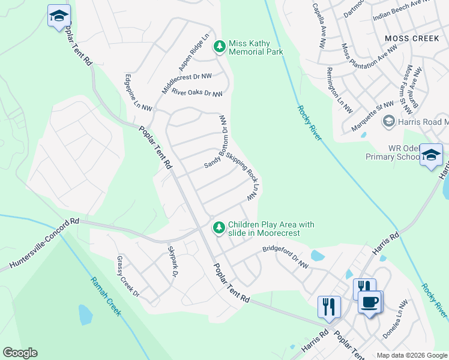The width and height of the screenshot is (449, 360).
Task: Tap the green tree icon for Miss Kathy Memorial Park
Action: tap(220, 46)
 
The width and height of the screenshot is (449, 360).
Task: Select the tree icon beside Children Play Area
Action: tap(220, 227)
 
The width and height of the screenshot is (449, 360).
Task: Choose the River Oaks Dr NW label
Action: tap(197, 93)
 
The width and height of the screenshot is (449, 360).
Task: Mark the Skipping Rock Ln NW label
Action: tap(247, 179)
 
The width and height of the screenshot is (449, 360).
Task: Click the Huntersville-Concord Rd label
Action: tap(44, 244)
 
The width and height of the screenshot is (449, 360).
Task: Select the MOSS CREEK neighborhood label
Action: tap(412, 38)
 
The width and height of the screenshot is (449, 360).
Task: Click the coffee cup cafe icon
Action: tap(370, 301)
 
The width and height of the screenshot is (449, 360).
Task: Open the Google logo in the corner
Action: tap(20, 353)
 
